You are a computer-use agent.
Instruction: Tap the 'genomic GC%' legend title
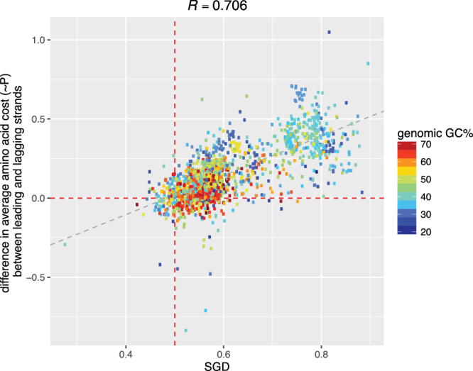[430, 133]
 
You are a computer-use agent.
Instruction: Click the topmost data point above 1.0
[329, 32]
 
